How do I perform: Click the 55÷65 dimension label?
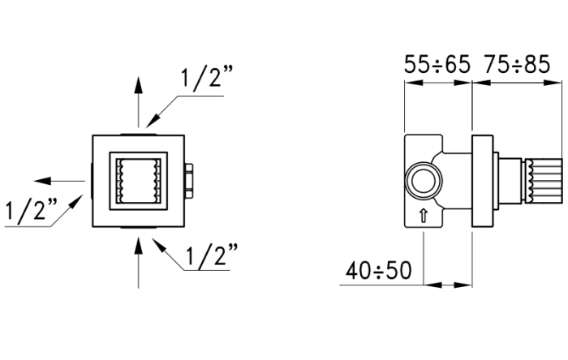tap(437, 64)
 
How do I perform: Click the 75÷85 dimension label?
tap(516, 64)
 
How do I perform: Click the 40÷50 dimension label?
tap(378, 269)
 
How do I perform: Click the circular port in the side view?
tap(424, 179)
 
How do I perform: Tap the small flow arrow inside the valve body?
tap(423, 216)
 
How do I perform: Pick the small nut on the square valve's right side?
tap(189, 178)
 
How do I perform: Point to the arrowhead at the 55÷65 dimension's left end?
tap(410, 83)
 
